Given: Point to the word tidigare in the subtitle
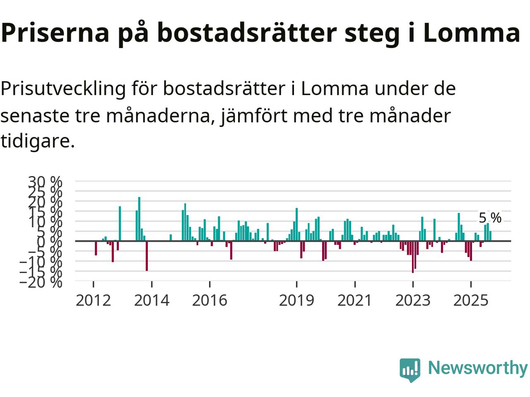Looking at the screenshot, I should [x=37, y=141].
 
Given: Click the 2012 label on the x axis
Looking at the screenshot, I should [x=94, y=300].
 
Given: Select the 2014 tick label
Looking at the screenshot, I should [x=152, y=300].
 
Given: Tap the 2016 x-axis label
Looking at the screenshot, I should [x=210, y=300].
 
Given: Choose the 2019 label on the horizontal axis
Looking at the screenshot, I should [x=296, y=300].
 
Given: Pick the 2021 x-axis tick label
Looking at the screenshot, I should [x=355, y=300].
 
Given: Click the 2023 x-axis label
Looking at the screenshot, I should [x=413, y=300].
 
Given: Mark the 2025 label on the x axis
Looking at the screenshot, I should [x=471, y=300].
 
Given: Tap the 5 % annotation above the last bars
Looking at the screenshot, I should [x=490, y=218].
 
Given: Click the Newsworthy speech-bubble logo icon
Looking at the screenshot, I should [x=410, y=369].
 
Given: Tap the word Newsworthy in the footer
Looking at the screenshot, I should [x=477, y=368].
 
